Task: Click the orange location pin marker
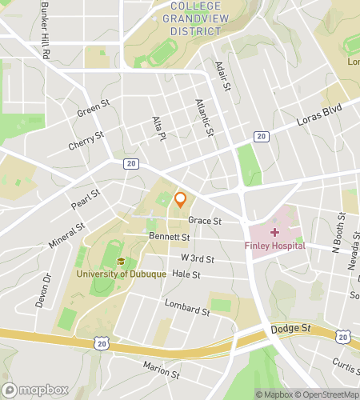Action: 181,199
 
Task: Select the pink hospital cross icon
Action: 275,232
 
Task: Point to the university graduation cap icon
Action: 121,261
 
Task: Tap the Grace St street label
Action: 204,221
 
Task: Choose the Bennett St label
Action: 169,238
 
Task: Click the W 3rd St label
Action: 198,258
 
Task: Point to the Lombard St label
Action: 186,307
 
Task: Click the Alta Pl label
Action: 158,130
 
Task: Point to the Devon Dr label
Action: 46,291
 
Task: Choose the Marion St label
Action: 161,370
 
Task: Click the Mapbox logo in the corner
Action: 34,390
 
